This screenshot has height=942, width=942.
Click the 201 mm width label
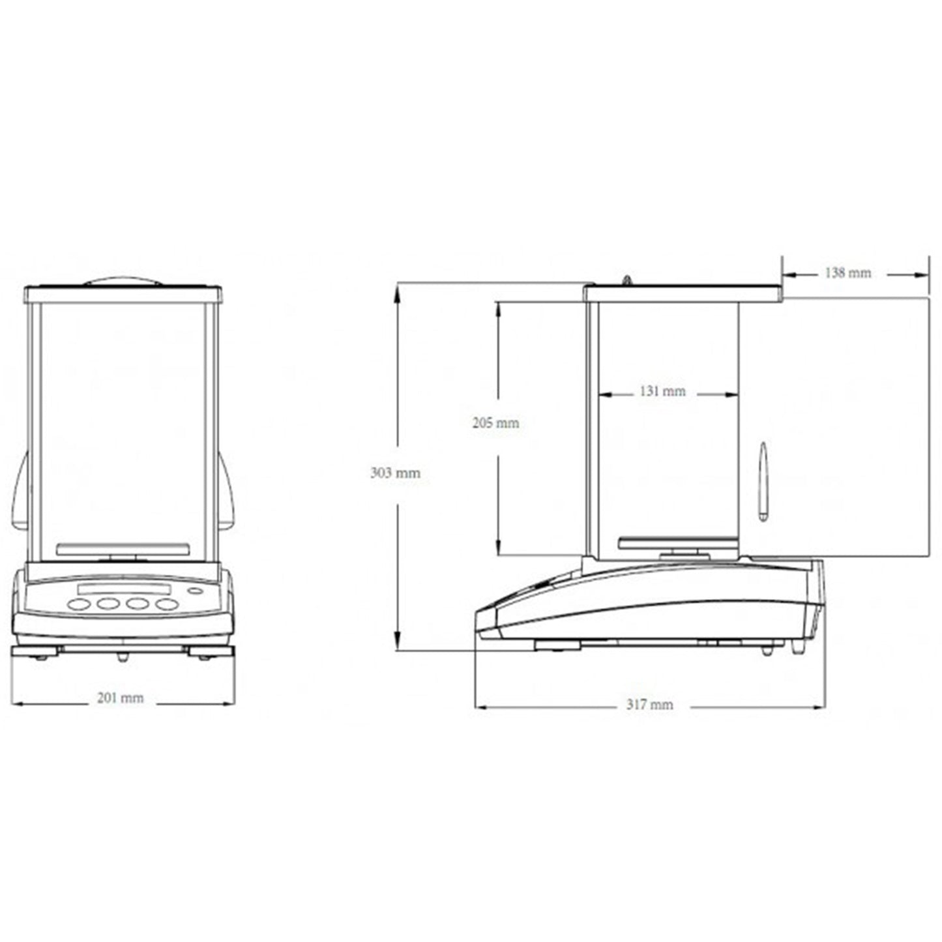pyautogui.click(x=120, y=698)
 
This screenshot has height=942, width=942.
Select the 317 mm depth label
pyautogui.click(x=650, y=705)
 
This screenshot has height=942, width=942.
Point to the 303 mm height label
pyautogui.click(x=395, y=473)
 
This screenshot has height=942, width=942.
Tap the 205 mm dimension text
pyautogui.click(x=495, y=422)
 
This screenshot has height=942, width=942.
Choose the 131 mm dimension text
pyautogui.click(x=662, y=391)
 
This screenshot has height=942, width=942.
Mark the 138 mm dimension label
pyautogui.click(x=848, y=272)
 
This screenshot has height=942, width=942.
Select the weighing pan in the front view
pyautogui.click(x=123, y=548)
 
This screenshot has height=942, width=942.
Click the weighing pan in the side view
pyautogui.click(x=677, y=542)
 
